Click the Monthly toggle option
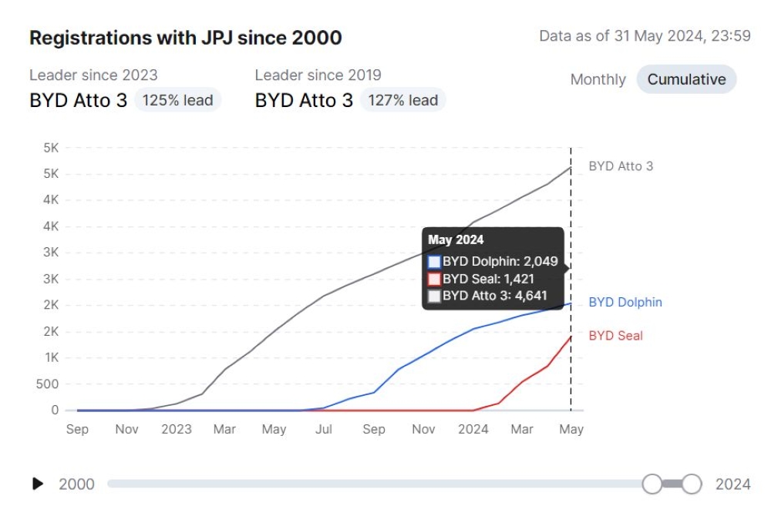(598, 79)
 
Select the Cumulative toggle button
(686, 79)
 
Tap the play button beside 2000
(38, 484)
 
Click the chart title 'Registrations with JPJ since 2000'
(185, 38)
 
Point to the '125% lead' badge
(177, 100)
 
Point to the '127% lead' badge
(402, 100)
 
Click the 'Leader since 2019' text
(318, 75)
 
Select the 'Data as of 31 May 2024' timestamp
(645, 36)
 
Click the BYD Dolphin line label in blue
(625, 303)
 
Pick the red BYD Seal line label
(615, 336)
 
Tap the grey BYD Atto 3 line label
(621, 166)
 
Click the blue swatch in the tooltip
(434, 262)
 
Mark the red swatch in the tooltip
(434, 279)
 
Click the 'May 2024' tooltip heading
(456, 240)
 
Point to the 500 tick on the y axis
(47, 384)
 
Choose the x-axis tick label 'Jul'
(324, 429)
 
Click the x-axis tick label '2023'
(177, 429)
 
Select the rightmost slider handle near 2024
(692, 484)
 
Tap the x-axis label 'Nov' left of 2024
(423, 429)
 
